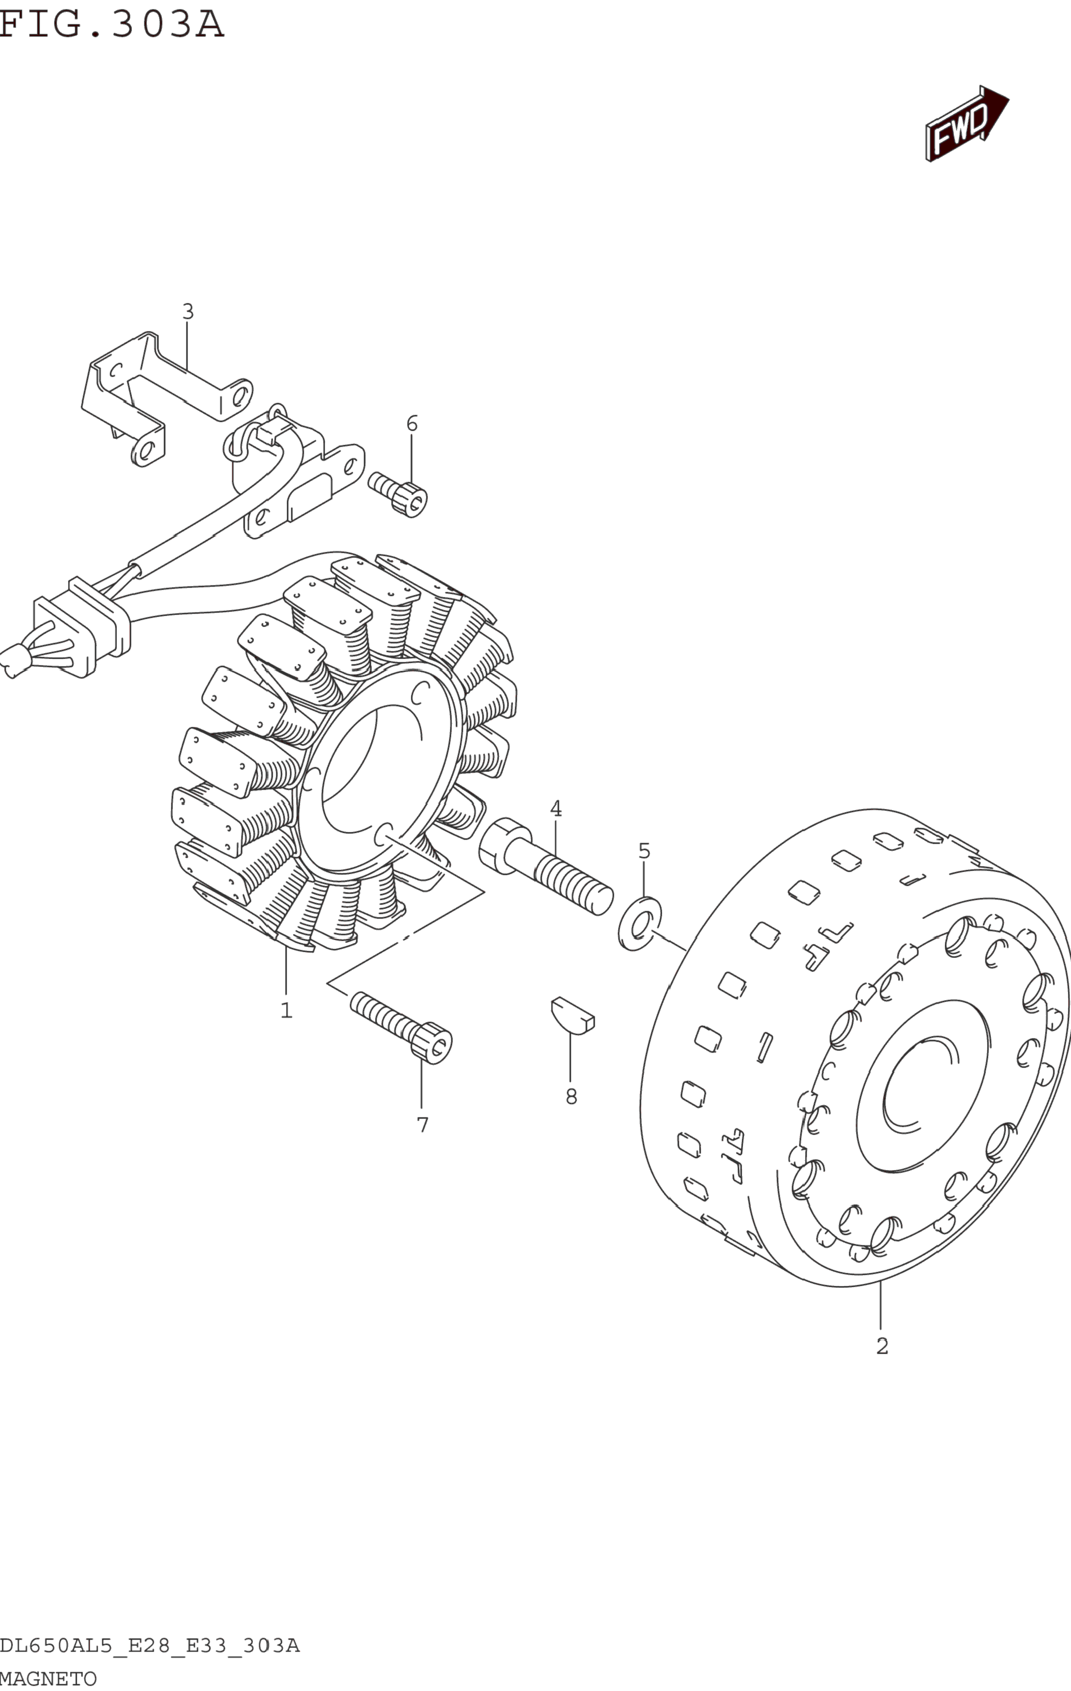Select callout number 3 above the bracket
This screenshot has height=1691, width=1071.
(x=188, y=311)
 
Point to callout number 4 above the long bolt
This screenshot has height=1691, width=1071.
(x=556, y=808)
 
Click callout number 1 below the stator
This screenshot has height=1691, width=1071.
(x=286, y=1010)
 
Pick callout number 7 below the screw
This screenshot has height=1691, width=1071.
(x=422, y=1125)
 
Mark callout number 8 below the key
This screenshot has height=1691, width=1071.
(x=571, y=1096)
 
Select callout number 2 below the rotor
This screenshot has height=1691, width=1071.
(x=882, y=1346)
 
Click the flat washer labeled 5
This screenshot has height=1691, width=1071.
(x=639, y=924)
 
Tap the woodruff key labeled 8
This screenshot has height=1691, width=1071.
(x=572, y=1016)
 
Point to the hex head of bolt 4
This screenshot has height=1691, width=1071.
(x=500, y=845)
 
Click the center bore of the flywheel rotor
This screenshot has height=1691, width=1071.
(x=920, y=1085)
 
